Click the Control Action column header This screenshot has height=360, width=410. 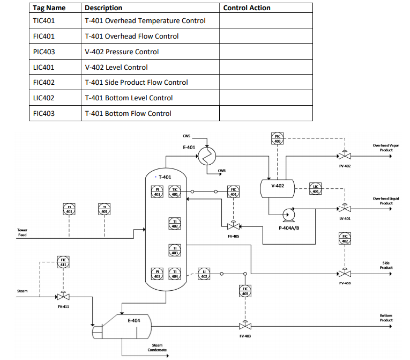tap(247, 8)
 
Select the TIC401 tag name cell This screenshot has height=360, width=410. tap(44, 21)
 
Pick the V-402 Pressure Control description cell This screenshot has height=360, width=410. tap(122, 52)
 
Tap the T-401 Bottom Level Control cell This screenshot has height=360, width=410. tap(129, 98)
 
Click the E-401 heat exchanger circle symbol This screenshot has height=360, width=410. tap(206, 156)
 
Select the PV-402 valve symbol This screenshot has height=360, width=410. tap(345, 156)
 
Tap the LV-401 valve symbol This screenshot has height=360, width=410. tap(345, 208)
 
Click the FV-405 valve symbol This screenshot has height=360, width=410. tap(233, 226)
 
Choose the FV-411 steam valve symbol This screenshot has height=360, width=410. tap(63, 296)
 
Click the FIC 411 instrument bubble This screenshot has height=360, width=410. tap(63, 263)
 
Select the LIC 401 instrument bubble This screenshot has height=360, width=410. tap(316, 188)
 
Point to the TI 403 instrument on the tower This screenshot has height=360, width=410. tap(175, 249)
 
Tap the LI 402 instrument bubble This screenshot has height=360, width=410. tap(204, 274)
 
